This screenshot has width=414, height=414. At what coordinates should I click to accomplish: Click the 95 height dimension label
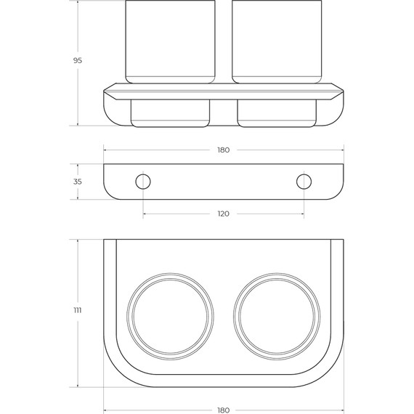tap(78, 60)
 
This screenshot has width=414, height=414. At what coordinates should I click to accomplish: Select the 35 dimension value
tap(78, 182)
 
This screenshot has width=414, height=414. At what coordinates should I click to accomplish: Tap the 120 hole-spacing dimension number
tap(224, 214)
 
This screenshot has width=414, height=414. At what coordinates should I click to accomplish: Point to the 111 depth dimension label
tap(78, 310)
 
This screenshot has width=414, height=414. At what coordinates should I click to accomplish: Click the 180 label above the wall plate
tap(224, 150)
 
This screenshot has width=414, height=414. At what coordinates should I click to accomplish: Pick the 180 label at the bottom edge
tap(224, 410)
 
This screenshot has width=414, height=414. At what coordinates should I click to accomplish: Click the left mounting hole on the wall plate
tap(143, 182)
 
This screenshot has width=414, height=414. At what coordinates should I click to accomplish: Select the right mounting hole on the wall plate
tap(304, 182)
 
